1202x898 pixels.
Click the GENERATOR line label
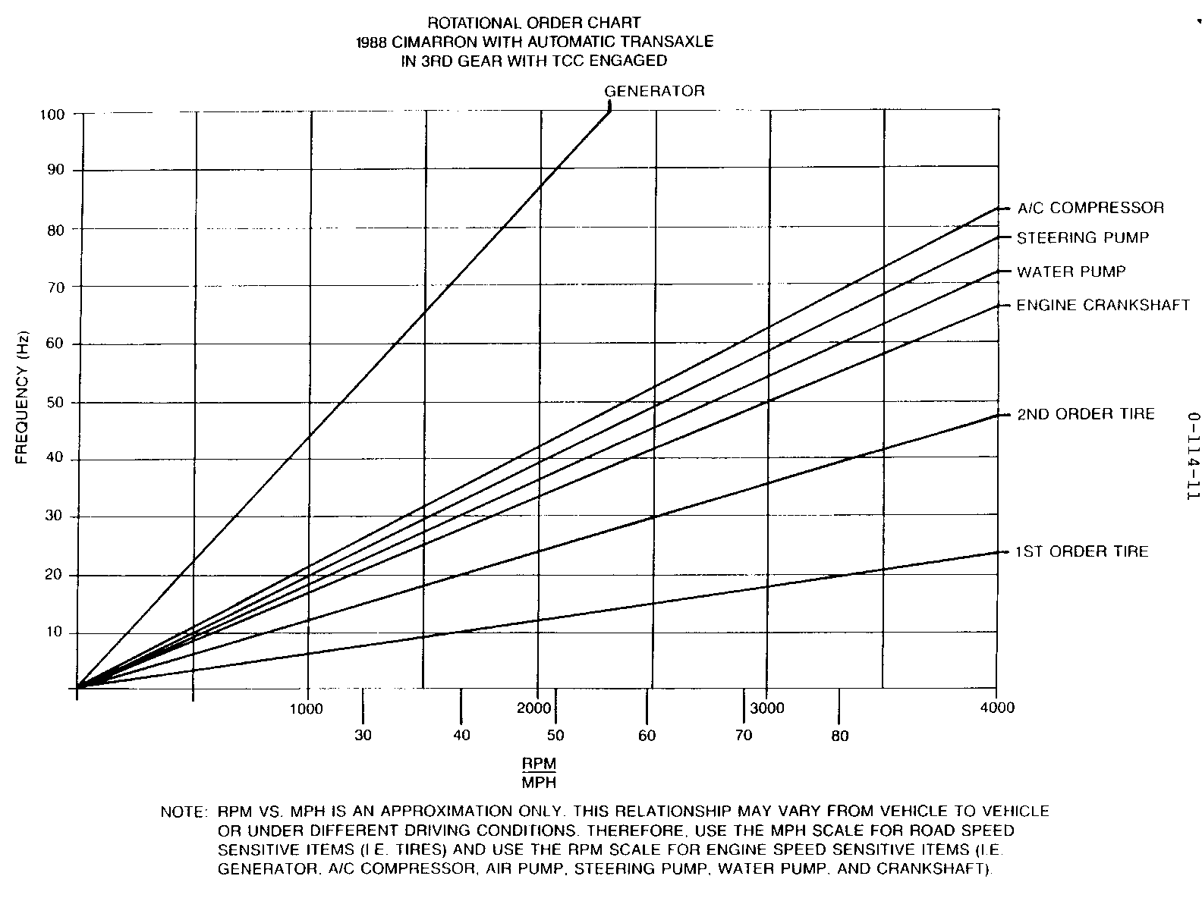[x=654, y=92]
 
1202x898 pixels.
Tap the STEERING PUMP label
[x=1082, y=238]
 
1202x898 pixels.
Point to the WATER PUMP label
[x=1071, y=272]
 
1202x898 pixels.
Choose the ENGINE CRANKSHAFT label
[x=1103, y=305]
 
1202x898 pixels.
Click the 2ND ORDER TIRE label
[x=1085, y=414]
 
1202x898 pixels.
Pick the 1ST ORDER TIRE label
[x=1082, y=551]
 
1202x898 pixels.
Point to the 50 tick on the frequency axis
[x=56, y=402]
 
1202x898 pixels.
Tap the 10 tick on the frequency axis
[x=56, y=633]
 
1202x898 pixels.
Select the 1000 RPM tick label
[x=307, y=709]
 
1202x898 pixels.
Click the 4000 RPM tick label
[x=997, y=708]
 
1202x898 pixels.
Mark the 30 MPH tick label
[x=363, y=735]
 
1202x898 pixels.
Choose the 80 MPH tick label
[x=839, y=736]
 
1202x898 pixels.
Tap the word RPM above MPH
[x=538, y=762]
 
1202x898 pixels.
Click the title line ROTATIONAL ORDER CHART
[x=534, y=24]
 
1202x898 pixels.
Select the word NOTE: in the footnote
[x=184, y=812]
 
